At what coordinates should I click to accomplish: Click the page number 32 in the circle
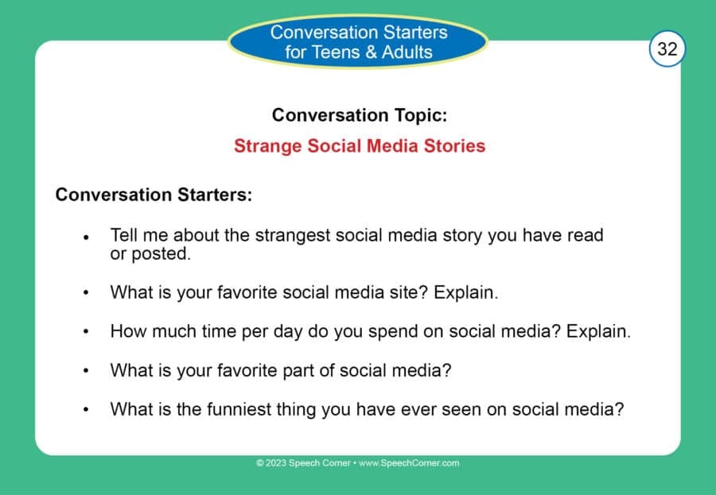tap(667, 49)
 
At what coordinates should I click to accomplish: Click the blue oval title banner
tap(359, 43)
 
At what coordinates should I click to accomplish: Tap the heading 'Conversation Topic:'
tap(359, 115)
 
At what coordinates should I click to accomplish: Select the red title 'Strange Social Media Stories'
tap(359, 146)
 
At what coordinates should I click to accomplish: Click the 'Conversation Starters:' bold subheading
tap(154, 195)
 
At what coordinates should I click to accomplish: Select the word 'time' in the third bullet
tap(205, 331)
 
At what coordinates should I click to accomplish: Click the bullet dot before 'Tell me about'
tap(86, 238)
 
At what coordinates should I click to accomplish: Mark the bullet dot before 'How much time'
tap(86, 332)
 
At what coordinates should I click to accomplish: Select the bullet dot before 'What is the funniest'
tap(86, 411)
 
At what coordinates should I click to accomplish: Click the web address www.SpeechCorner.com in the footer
tap(409, 463)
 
